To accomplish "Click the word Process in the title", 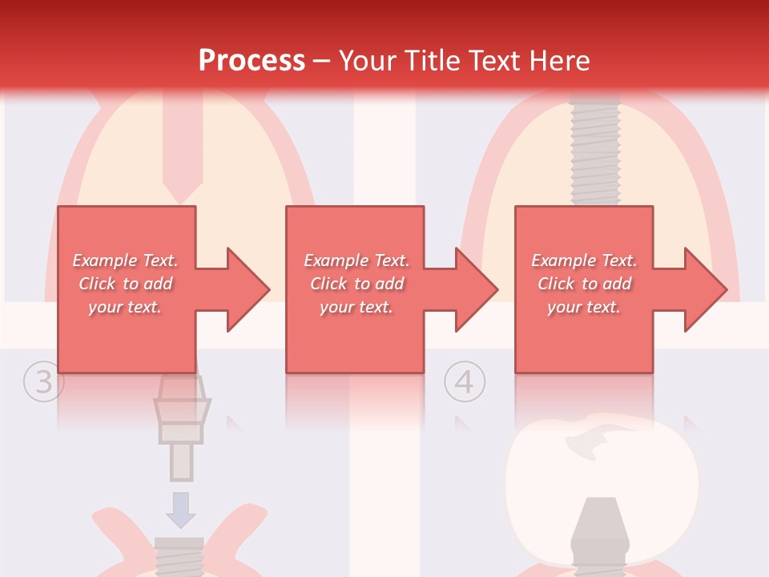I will coord(252,60).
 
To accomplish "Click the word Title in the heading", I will coord(433,61).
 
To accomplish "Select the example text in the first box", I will coord(125,284).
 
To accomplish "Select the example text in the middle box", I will coord(356,284).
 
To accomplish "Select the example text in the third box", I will coord(584,284).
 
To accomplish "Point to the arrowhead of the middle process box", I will coord(475,289).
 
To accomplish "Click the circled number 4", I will coord(465,382).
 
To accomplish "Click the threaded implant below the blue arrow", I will coord(179,557).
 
